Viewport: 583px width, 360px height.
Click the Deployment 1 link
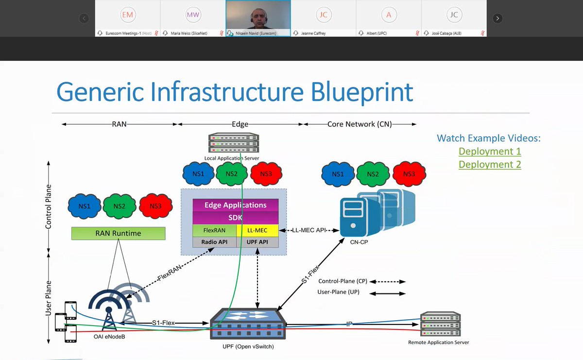point(489,151)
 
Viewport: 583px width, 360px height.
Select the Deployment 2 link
point(489,164)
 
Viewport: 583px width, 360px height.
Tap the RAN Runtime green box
point(118,233)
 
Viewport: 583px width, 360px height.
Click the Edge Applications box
point(235,205)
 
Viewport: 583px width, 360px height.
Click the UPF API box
point(257,242)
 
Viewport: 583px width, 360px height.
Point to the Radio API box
point(214,242)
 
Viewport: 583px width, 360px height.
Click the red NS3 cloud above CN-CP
point(409,174)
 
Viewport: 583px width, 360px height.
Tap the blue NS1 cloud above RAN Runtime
point(85,206)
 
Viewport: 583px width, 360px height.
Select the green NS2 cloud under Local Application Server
point(231,174)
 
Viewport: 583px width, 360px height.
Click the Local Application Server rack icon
point(233,143)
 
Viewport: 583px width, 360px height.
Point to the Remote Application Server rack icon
point(440,325)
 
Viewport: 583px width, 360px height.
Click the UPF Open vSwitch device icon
point(247,323)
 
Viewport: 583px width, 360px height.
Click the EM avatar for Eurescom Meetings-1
point(127,15)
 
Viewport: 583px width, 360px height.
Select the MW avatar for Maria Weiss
point(193,15)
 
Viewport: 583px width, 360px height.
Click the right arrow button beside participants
point(497,18)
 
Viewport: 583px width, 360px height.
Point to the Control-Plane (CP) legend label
point(343,281)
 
